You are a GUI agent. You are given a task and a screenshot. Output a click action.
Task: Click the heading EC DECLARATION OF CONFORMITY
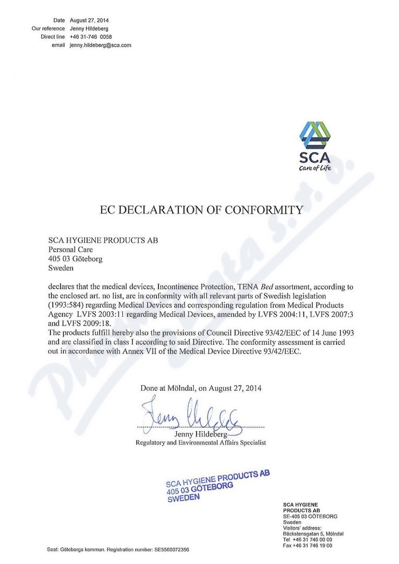tap(201, 210)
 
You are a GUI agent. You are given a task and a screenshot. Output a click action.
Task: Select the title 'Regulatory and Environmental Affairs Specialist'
tap(201, 442)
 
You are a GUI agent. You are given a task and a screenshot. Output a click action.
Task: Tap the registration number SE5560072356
tap(171, 550)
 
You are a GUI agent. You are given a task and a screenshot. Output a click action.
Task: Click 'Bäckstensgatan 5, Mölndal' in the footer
tap(313, 533)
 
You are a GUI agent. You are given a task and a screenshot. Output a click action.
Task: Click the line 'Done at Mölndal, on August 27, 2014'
tap(201, 388)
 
